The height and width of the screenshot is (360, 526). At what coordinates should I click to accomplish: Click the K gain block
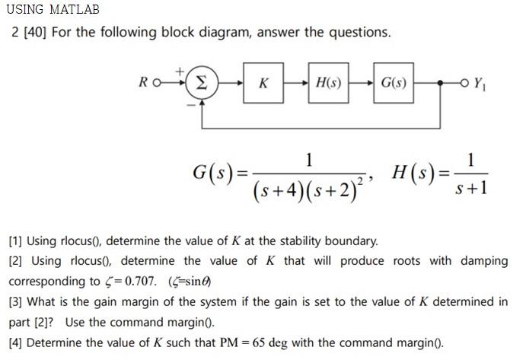click(x=263, y=83)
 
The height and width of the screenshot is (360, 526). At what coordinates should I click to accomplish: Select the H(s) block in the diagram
click(x=328, y=83)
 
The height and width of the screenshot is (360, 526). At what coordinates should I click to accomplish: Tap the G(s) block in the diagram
click(x=394, y=83)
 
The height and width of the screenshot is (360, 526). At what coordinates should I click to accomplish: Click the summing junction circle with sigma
click(x=202, y=83)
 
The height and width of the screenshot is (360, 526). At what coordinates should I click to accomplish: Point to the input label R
click(x=144, y=83)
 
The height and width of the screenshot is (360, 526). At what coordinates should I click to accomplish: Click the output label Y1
click(x=480, y=83)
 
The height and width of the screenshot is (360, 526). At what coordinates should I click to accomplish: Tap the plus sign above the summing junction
click(x=180, y=71)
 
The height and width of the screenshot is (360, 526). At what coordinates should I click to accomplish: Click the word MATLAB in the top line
click(x=75, y=10)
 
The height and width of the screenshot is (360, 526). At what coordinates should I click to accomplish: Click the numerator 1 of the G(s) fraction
click(x=308, y=160)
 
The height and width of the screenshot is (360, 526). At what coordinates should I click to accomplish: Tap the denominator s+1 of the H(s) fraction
click(x=471, y=186)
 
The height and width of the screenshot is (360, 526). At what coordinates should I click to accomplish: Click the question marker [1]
click(x=15, y=241)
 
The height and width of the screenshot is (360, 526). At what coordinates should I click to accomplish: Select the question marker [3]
click(x=15, y=301)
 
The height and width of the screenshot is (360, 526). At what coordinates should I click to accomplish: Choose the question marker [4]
click(x=15, y=342)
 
